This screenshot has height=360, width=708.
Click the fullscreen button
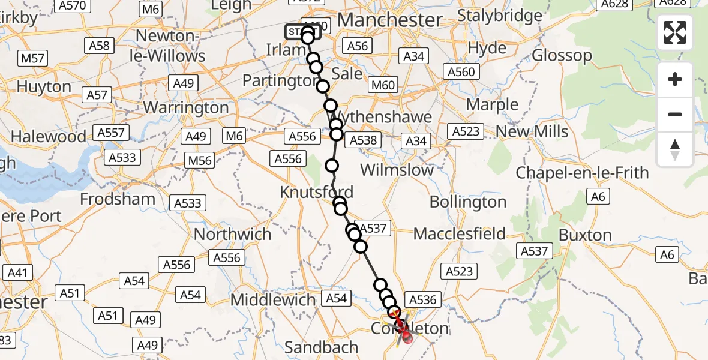click(x=675, y=32)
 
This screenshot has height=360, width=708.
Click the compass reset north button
click(x=675, y=149)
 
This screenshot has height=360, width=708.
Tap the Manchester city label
click(x=390, y=20)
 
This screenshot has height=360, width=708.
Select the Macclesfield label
click(x=460, y=233)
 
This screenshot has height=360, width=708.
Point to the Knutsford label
click(x=316, y=193)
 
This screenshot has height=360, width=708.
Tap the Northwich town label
click(x=233, y=233)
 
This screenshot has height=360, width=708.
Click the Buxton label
click(x=585, y=235)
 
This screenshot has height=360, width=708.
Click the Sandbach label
click(x=322, y=347)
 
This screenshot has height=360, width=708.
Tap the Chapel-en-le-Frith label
click(x=582, y=173)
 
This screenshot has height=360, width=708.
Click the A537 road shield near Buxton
click(x=535, y=251)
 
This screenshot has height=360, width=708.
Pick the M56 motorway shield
click(x=200, y=161)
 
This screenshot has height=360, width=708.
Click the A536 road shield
click(x=424, y=299)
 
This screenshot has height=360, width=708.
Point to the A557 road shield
click(x=110, y=133)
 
